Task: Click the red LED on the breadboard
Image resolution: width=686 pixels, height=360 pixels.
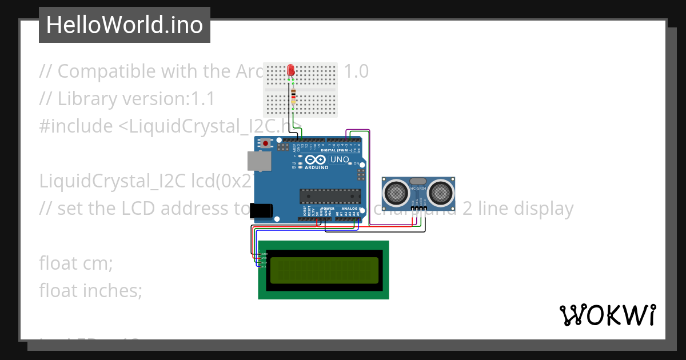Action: (291, 70)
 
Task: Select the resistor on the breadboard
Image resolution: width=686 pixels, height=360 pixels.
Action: (294, 97)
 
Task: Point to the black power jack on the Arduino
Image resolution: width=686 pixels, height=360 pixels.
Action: (262, 211)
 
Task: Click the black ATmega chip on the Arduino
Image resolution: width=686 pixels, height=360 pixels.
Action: (330, 196)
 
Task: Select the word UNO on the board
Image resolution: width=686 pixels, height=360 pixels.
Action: (340, 159)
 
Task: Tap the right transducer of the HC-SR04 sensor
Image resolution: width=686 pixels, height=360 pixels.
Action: (440, 193)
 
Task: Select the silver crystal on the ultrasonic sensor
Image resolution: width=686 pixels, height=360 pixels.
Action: (419, 181)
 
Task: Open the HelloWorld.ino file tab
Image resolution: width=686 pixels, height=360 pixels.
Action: (125, 25)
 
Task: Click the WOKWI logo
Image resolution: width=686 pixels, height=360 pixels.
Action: (607, 315)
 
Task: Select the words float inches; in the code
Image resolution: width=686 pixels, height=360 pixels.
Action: (90, 291)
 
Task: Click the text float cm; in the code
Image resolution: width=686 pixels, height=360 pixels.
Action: (76, 263)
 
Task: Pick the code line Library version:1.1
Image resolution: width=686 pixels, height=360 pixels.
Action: (126, 99)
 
